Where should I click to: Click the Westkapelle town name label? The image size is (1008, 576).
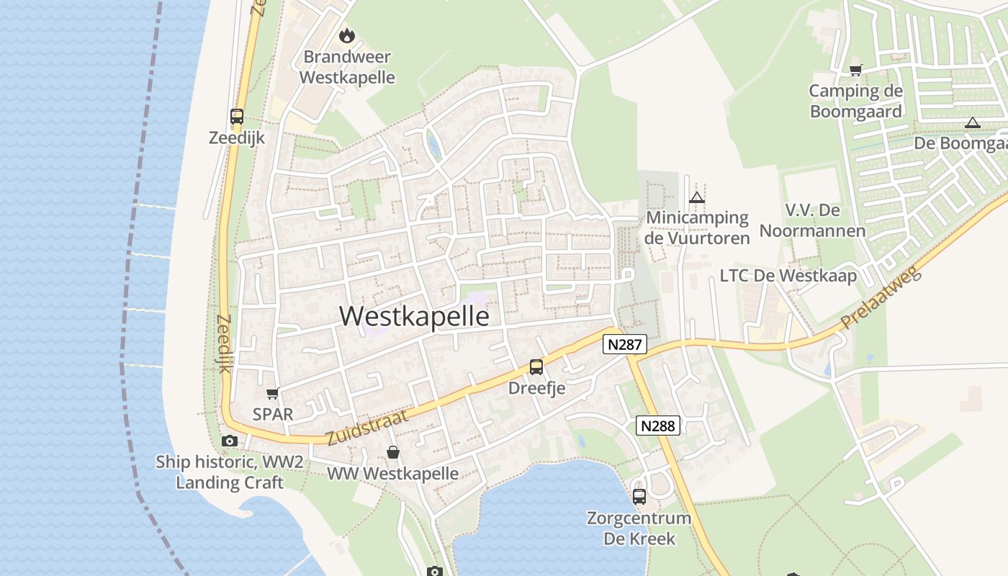pyautogui.click(x=414, y=316)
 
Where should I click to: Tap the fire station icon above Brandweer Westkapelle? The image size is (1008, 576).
pyautogui.click(x=347, y=35)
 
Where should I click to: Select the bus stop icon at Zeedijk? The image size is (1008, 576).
pyautogui.click(x=237, y=116)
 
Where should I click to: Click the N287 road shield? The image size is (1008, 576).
pyautogui.click(x=624, y=344)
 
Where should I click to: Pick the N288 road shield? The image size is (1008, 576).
pyautogui.click(x=658, y=426)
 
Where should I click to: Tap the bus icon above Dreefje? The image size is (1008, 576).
pyautogui.click(x=536, y=367)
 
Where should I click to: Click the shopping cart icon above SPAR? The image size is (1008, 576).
pyautogui.click(x=273, y=393)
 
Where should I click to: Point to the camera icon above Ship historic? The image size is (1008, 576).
pyautogui.click(x=230, y=441)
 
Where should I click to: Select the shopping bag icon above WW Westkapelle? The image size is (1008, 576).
pyautogui.click(x=393, y=452)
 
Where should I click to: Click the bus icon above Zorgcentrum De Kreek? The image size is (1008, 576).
pyautogui.click(x=639, y=496)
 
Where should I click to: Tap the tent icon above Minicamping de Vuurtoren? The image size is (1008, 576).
pyautogui.click(x=696, y=197)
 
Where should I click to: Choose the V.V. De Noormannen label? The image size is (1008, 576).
pyautogui.click(x=813, y=220)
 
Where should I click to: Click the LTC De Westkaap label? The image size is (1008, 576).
pyautogui.click(x=788, y=276)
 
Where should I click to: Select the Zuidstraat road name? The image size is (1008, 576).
pyautogui.click(x=367, y=427)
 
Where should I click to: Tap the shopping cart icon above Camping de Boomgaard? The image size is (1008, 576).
pyautogui.click(x=855, y=70)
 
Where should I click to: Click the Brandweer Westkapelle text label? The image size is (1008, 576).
pyautogui.click(x=347, y=67)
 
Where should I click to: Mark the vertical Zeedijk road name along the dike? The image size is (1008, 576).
pyautogui.click(x=223, y=344)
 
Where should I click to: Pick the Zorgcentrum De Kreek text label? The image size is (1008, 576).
pyautogui.click(x=639, y=528)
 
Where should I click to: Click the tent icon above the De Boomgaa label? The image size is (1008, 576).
pyautogui.click(x=973, y=122)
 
